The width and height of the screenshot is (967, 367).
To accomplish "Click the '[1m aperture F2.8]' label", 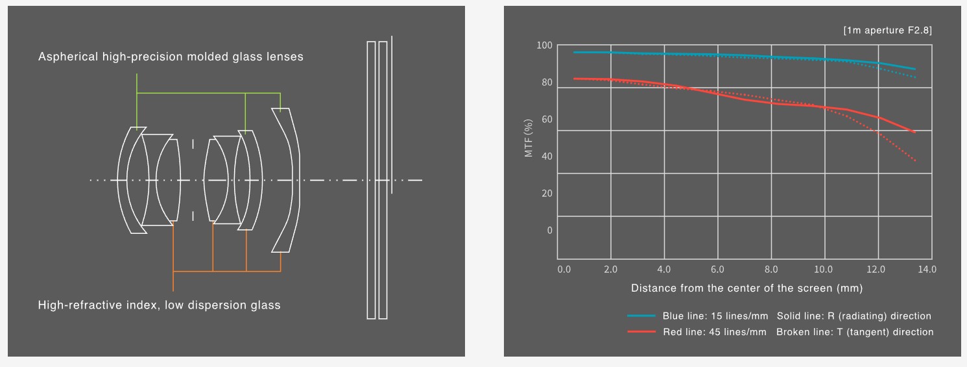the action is pyautogui.click(x=888, y=31).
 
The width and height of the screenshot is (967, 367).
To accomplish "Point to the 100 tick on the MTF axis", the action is pyautogui.click(x=544, y=45).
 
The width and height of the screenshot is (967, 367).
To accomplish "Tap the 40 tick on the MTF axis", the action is pyautogui.click(x=547, y=157).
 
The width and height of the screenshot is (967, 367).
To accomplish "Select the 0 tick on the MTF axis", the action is pyautogui.click(x=549, y=231).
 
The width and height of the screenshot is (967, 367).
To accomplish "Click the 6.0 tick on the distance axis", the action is pyautogui.click(x=717, y=270).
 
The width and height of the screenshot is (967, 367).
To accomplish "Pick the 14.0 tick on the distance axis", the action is pyautogui.click(x=927, y=270).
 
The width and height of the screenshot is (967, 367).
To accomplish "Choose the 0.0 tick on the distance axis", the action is pyautogui.click(x=564, y=270).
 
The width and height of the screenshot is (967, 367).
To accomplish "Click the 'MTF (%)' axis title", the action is pyautogui.click(x=529, y=138).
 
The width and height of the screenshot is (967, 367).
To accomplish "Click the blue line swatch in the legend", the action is pyautogui.click(x=641, y=316).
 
